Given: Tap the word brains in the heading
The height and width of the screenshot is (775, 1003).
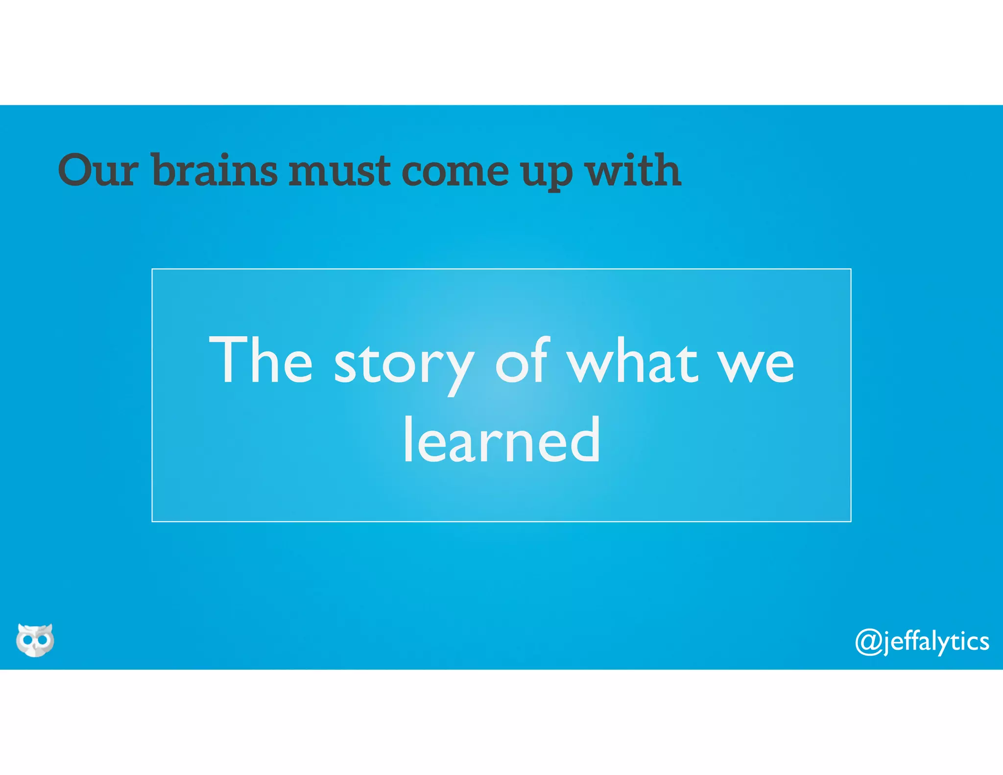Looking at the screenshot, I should pyautogui.click(x=215, y=170).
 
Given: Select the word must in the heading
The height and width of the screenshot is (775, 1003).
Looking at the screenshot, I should pyautogui.click(x=339, y=170).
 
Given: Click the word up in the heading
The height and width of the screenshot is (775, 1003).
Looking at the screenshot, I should pyautogui.click(x=546, y=174).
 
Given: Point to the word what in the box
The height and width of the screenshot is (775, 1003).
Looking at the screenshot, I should pyautogui.click(x=632, y=361).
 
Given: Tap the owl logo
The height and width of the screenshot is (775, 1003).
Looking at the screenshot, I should pyautogui.click(x=35, y=640).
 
